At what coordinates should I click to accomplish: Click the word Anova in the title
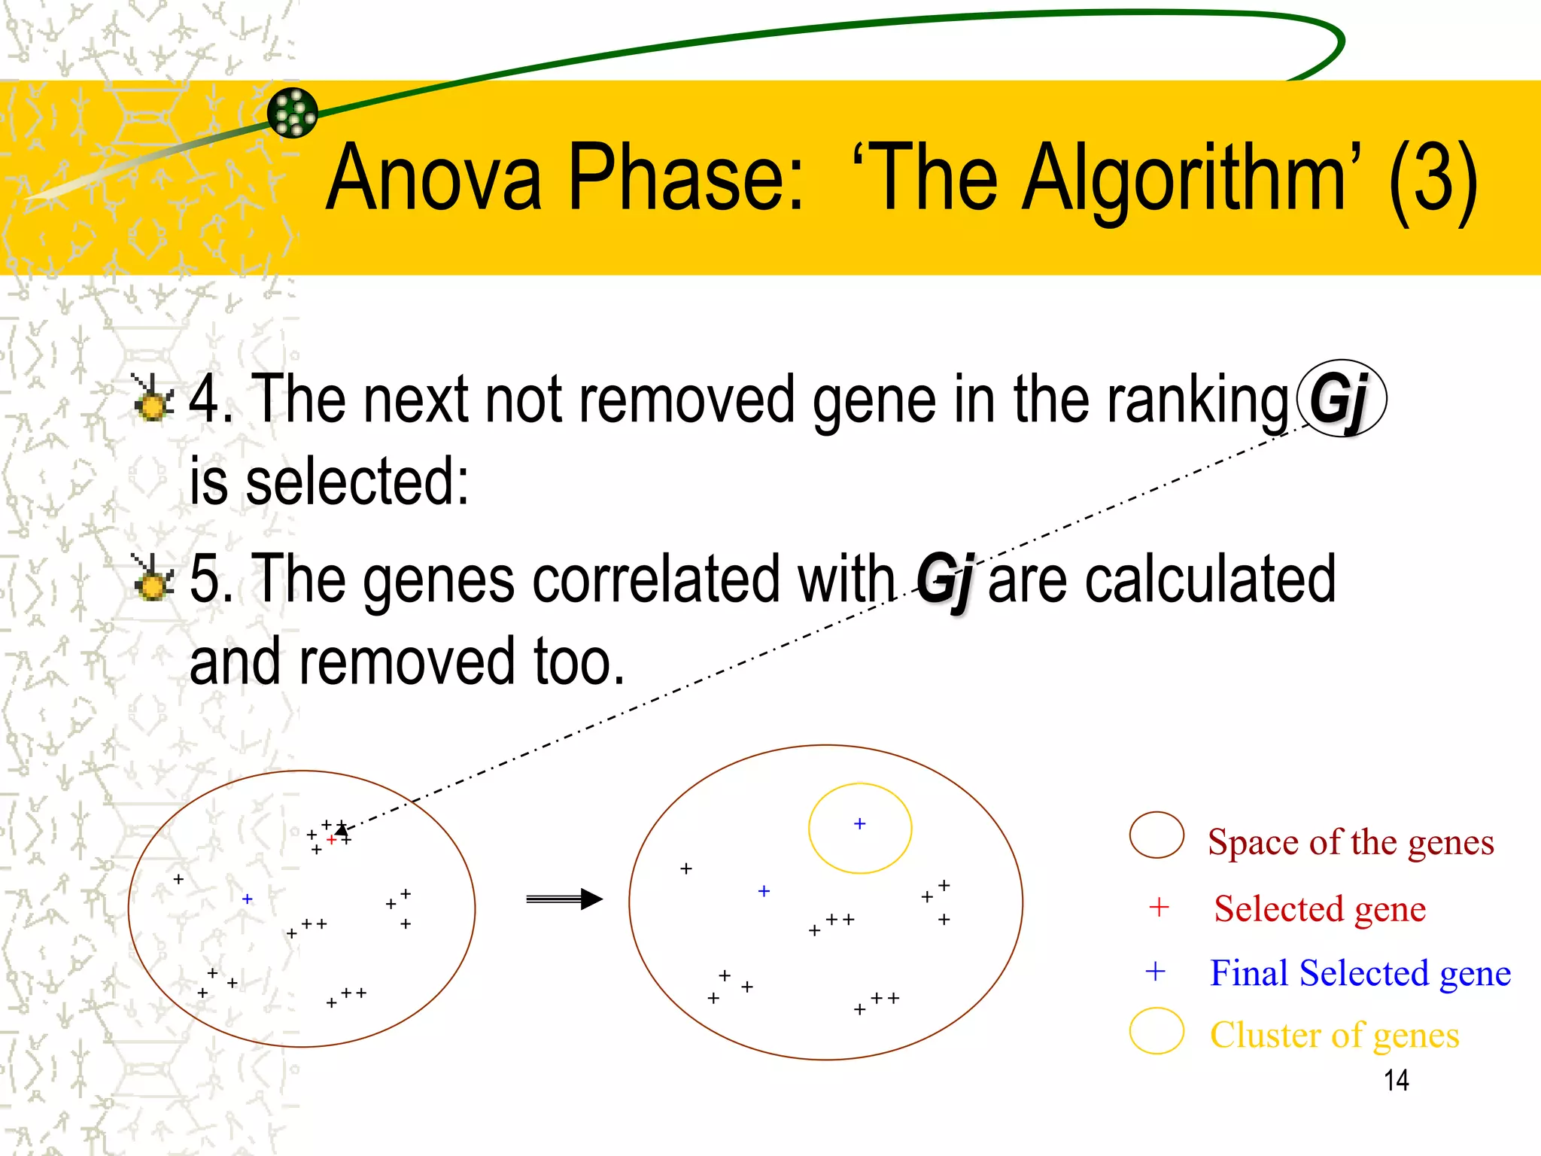point(434,179)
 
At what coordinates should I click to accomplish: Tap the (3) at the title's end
point(1433,179)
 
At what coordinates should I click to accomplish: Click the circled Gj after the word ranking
point(1342,398)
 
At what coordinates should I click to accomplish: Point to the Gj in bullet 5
point(944,580)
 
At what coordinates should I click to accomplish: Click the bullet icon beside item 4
point(153,398)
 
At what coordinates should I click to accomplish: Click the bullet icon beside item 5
point(153,579)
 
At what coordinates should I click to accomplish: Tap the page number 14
point(1396,1081)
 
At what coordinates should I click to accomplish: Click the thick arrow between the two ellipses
point(564,899)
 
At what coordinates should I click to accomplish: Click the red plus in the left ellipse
point(331,839)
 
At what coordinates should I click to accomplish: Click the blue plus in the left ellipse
point(247,899)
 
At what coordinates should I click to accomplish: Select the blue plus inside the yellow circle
point(860,824)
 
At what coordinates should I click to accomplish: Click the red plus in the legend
point(1159,908)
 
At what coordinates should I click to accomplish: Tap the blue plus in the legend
point(1155,972)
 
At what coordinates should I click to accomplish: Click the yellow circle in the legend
point(1157,1031)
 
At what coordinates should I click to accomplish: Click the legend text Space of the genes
point(1351,842)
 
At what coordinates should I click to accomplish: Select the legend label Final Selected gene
point(1360,973)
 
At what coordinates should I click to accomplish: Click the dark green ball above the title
point(293,113)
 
